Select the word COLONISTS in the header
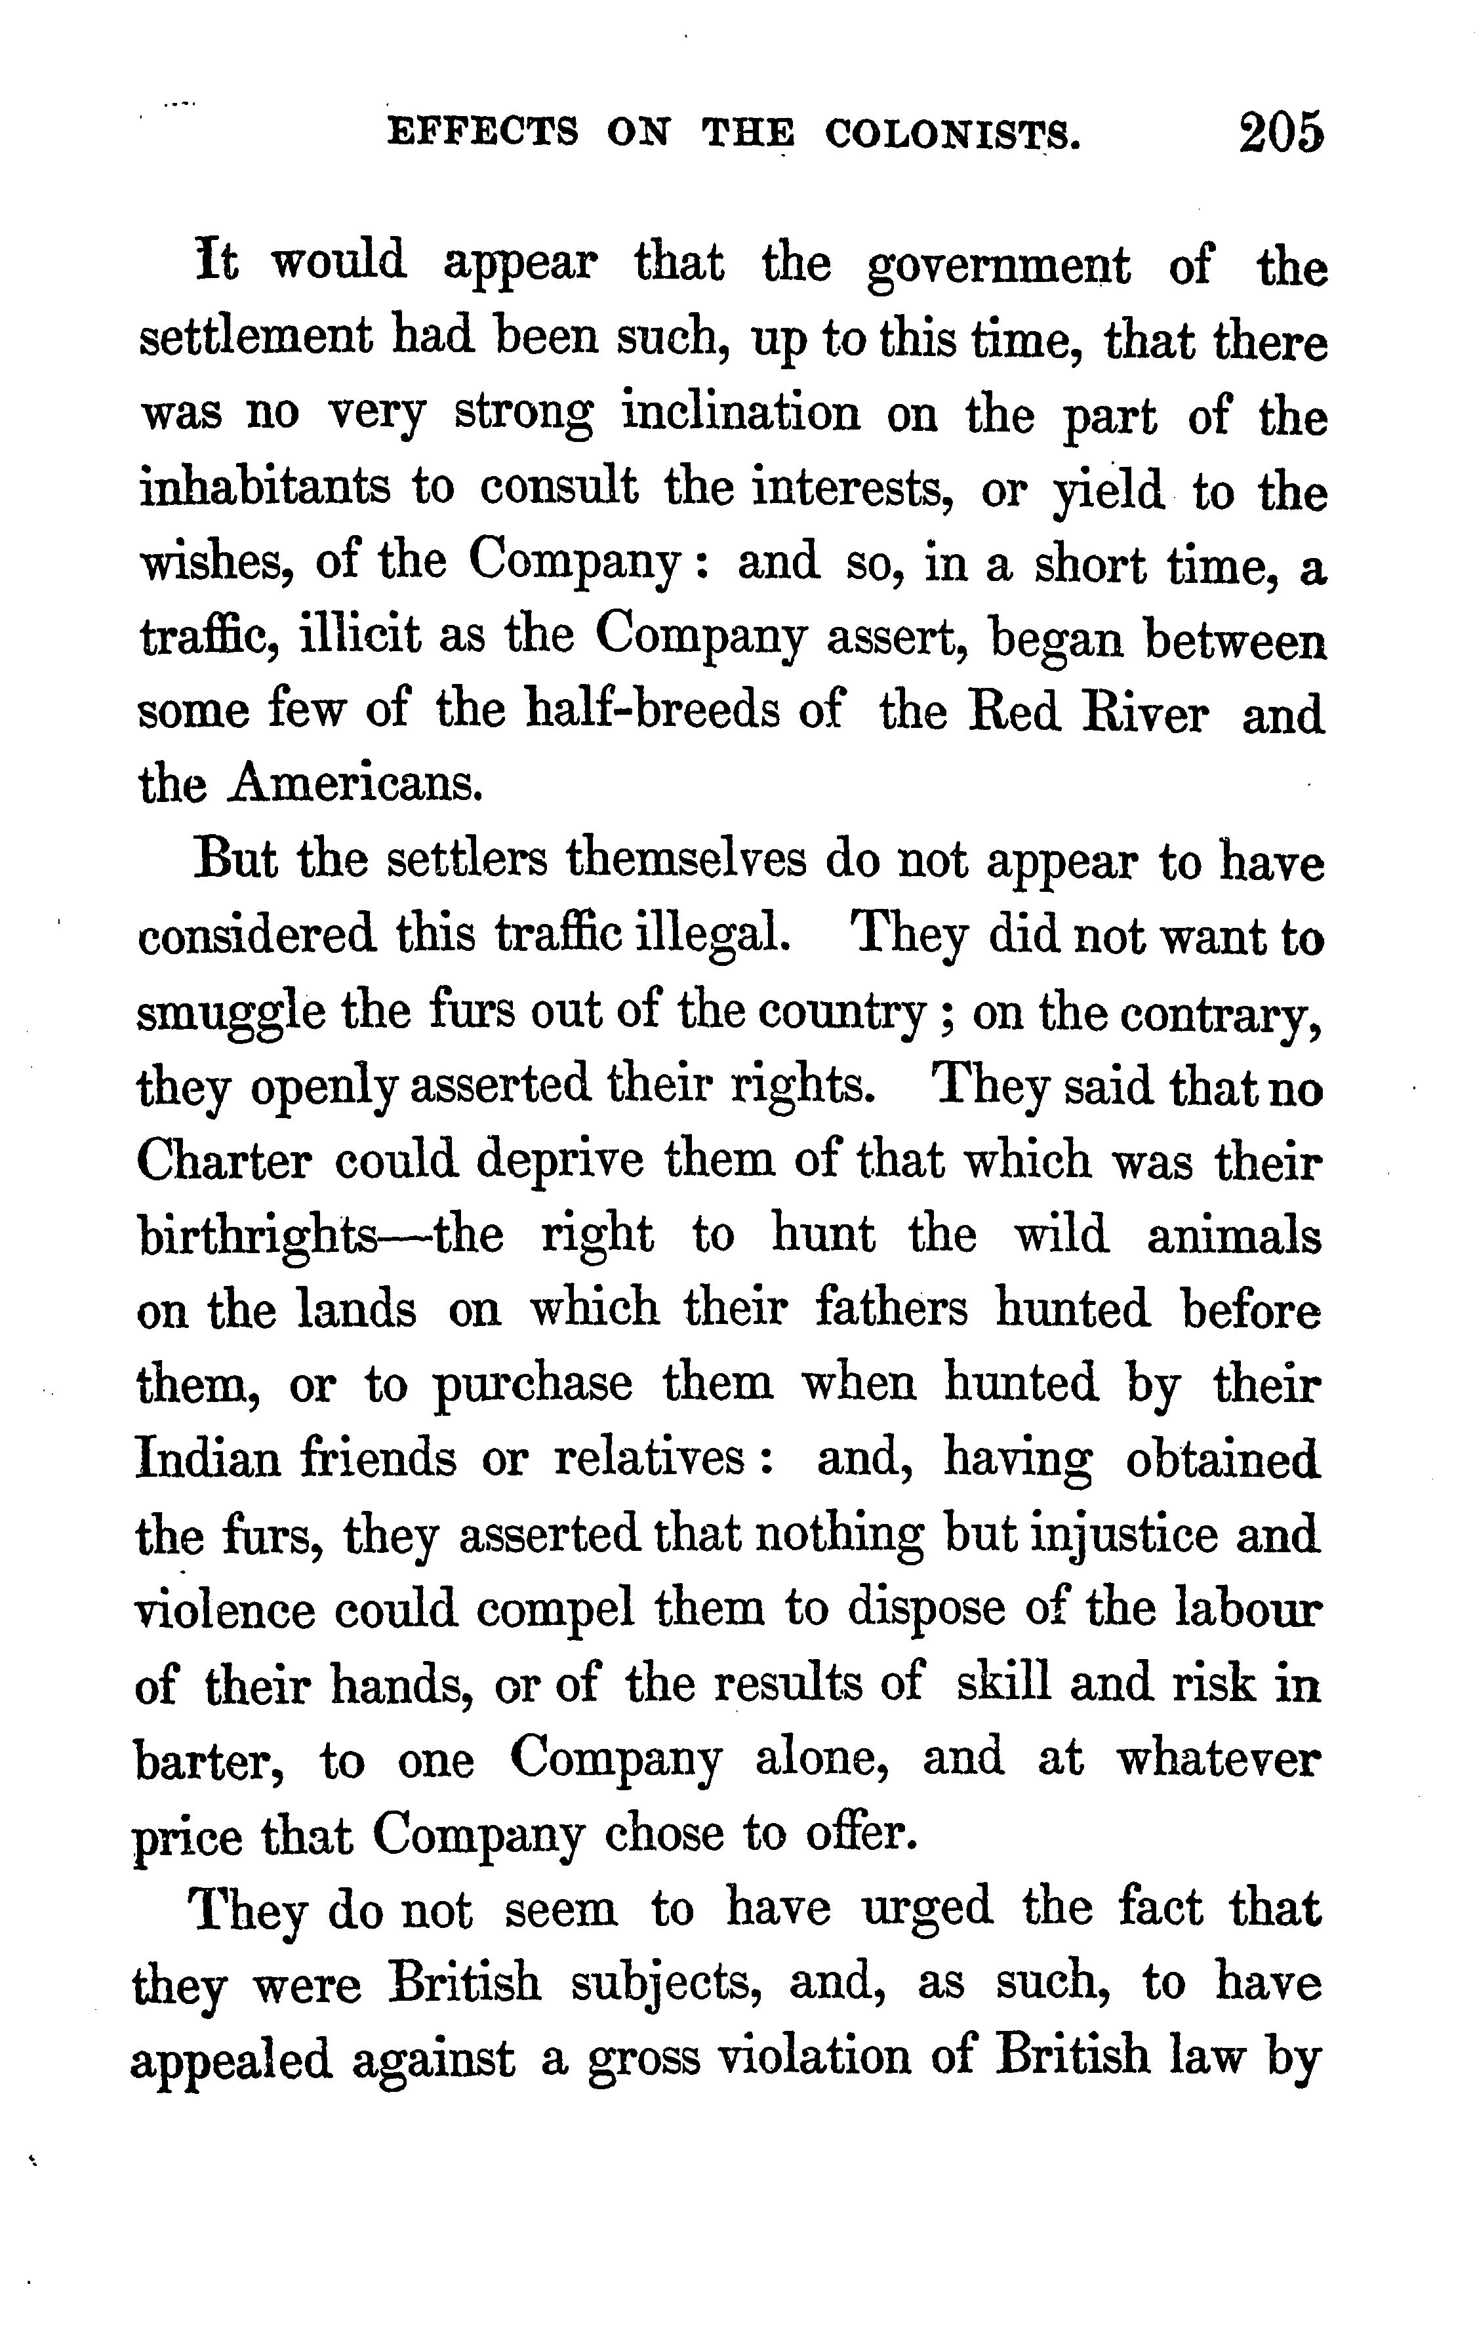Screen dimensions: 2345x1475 952,132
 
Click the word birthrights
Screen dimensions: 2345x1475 257,1237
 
